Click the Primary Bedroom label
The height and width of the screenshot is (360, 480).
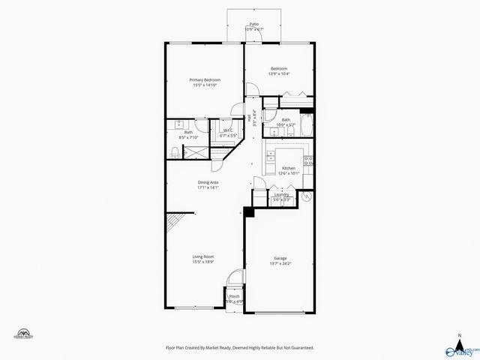[203, 79]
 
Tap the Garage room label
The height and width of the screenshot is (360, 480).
[280, 258]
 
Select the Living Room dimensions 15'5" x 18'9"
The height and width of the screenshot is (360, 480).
[203, 262]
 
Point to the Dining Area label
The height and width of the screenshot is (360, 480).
[208, 182]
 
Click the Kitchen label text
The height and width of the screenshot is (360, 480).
[289, 168]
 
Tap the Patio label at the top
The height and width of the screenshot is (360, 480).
[255, 25]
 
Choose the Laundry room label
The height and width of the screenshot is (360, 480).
[282, 195]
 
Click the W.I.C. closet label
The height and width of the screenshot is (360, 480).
[228, 130]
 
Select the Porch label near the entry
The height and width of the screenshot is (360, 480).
[234, 296]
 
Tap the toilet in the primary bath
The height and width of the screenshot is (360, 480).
[174, 152]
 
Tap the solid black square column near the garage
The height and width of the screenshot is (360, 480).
[249, 213]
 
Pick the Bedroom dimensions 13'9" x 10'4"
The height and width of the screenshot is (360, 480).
[279, 73]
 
